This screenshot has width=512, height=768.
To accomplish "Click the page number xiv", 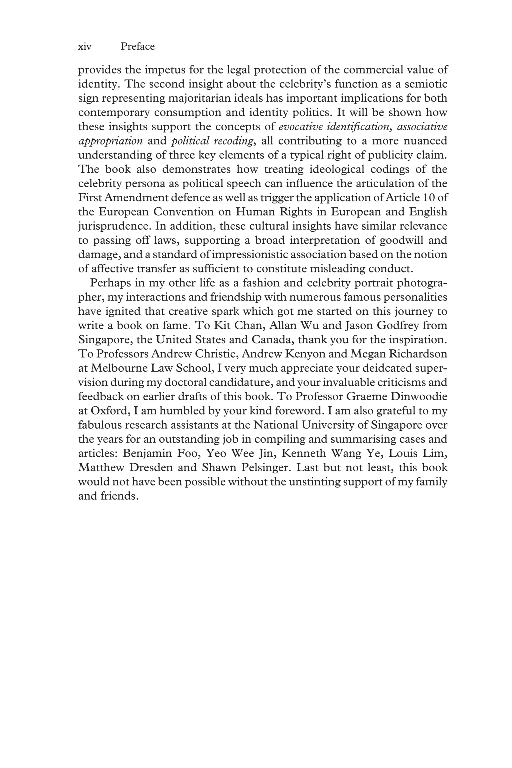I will tap(84, 47).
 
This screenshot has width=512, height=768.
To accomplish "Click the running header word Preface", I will tap(137, 47).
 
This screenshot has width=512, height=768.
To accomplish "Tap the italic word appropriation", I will tap(110, 141).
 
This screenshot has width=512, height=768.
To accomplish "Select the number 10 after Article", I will tap(428, 197).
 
